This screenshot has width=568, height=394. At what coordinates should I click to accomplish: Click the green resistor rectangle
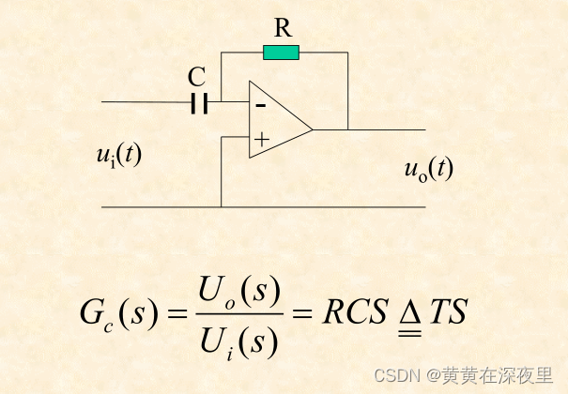282,53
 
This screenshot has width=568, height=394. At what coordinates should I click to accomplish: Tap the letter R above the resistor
282,27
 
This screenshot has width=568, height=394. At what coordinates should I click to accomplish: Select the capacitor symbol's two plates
198,102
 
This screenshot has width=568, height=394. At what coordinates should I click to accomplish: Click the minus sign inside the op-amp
260,105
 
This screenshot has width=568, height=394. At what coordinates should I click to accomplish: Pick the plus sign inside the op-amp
261,141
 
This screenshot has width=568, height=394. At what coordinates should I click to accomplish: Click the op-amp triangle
278,121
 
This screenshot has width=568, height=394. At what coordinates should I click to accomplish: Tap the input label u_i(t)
119,155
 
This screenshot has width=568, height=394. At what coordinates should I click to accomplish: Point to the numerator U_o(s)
240,293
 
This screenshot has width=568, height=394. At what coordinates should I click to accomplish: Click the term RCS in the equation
354,314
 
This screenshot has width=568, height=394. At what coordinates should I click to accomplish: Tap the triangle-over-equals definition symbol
407,316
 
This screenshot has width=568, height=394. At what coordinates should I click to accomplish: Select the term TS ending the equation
449,314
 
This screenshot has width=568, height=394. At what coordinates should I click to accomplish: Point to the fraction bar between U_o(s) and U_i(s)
240,315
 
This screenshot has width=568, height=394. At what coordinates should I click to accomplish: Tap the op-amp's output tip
313,129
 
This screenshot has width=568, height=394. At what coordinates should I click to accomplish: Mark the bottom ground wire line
263,206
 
